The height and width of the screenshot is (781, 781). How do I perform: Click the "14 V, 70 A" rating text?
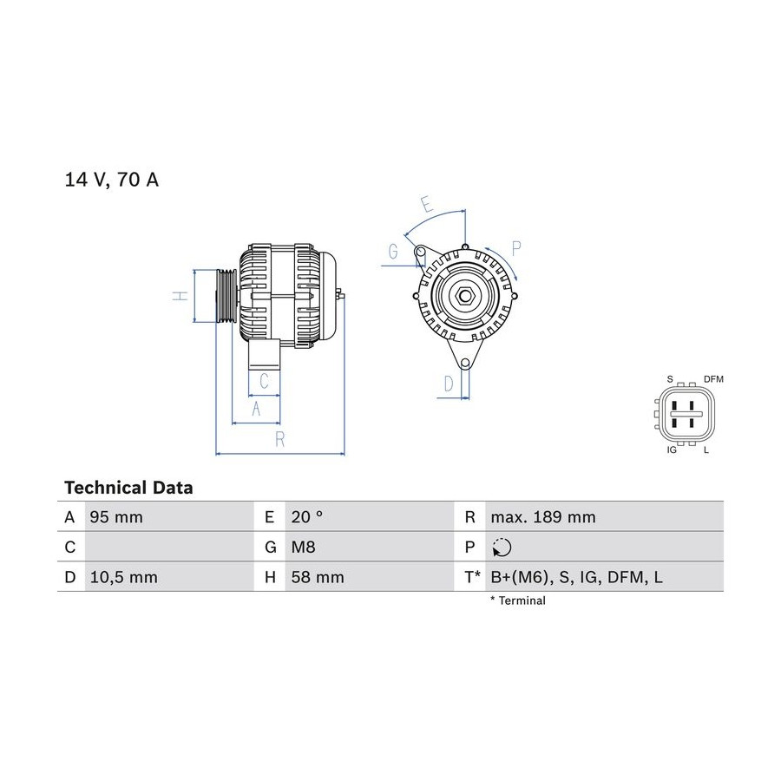click(112, 180)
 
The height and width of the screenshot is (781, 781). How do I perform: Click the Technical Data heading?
click(128, 487)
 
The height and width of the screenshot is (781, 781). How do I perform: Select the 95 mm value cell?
click(116, 517)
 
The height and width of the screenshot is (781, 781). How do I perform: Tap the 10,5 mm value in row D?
click(123, 577)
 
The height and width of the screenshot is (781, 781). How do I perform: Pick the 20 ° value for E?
click(307, 517)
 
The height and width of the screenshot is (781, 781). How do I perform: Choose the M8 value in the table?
click(303, 548)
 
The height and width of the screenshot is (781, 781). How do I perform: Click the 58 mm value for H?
click(318, 577)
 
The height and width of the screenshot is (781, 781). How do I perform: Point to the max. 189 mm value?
click(543, 517)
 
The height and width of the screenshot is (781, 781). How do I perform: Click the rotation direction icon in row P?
click(502, 548)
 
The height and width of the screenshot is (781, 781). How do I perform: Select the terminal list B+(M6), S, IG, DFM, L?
click(577, 577)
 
